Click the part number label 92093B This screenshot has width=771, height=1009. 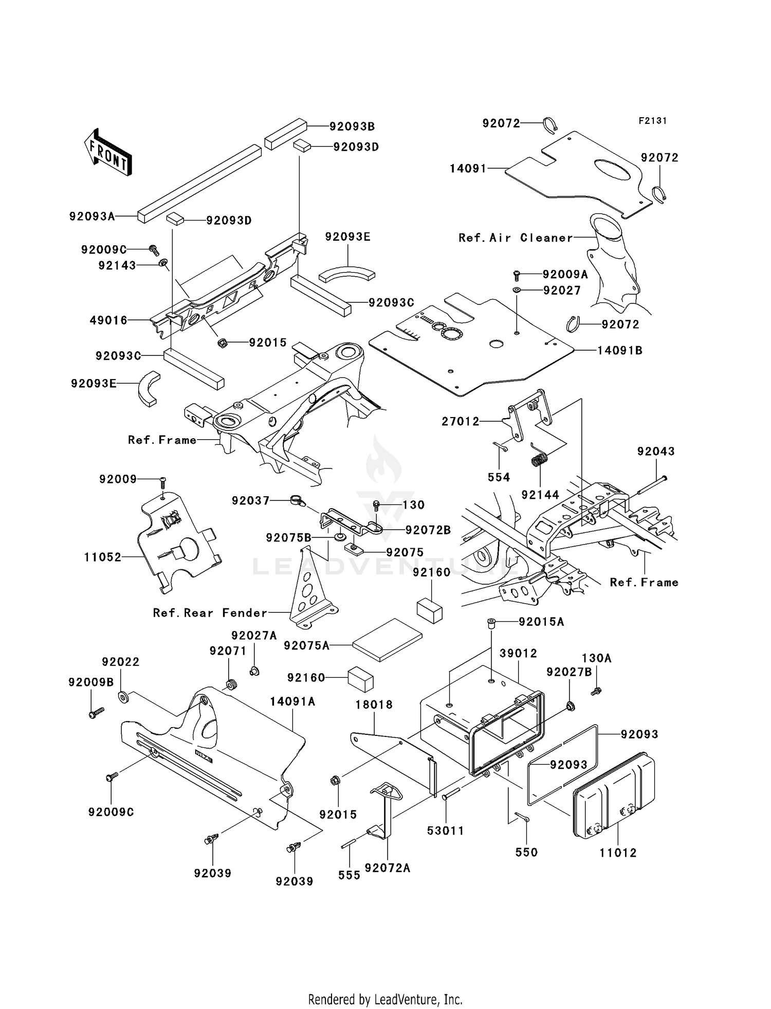[352, 127]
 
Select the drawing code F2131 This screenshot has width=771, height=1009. [653, 121]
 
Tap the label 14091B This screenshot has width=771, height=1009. [620, 351]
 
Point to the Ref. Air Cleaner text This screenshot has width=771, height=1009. [516, 238]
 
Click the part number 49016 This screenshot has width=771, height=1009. [108, 320]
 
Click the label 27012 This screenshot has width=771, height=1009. [461, 422]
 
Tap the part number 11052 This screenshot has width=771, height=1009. [103, 557]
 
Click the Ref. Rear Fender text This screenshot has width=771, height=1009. [210, 613]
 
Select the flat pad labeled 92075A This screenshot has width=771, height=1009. [388, 639]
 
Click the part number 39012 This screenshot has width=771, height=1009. [518, 653]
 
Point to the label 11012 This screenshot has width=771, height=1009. [618, 853]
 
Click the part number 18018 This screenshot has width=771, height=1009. [374, 705]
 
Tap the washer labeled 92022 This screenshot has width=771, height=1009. [123, 697]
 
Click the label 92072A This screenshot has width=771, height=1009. [388, 868]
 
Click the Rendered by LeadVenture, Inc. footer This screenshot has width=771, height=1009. [385, 999]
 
